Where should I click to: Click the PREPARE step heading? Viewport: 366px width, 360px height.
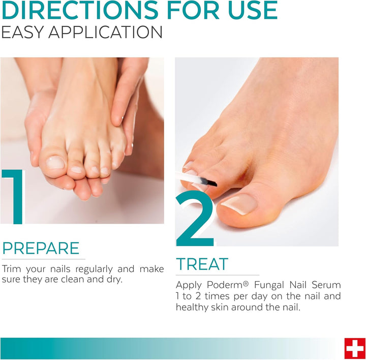(x=41, y=249)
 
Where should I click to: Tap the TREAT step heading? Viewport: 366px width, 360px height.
(x=202, y=264)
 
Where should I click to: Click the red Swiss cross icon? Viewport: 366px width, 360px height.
(x=354, y=348)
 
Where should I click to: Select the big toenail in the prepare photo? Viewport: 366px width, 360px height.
(x=55, y=163)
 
